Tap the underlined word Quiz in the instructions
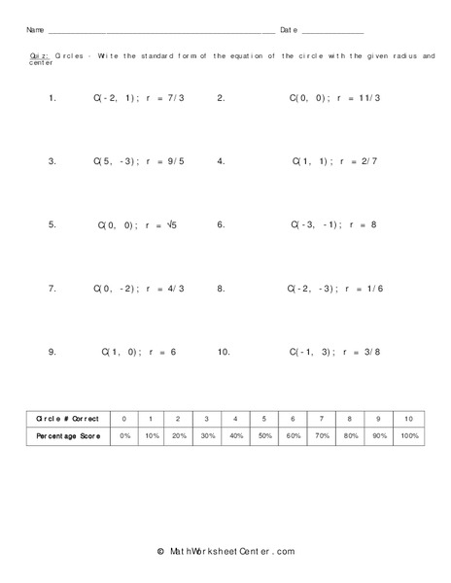pyautogui.click(x=38, y=56)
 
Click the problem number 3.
pyautogui.click(x=52, y=160)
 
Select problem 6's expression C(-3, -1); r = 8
pyautogui.click(x=333, y=224)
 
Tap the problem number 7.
pyautogui.click(x=52, y=289)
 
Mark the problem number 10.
pyautogui.click(x=224, y=353)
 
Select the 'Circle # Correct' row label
pyautogui.click(x=67, y=418)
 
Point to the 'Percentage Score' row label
pyautogui.click(x=67, y=436)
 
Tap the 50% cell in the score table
pyautogui.click(x=263, y=436)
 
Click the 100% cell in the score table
pyautogui.click(x=408, y=436)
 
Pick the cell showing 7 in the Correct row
pyautogui.click(x=321, y=418)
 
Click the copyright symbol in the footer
pyautogui.click(x=160, y=551)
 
